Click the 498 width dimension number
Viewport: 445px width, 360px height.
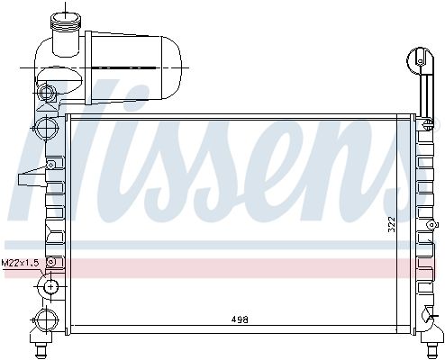click(240, 319)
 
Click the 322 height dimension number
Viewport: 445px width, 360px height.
click(392, 224)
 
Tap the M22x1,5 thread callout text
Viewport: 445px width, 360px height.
click(20, 263)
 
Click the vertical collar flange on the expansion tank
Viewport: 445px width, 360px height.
click(88, 67)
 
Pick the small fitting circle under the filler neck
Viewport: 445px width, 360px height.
click(47, 92)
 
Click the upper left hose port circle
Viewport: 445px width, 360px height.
click(46, 128)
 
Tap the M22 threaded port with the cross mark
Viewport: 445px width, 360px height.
click(51, 286)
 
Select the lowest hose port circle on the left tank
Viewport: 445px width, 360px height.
click(46, 320)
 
